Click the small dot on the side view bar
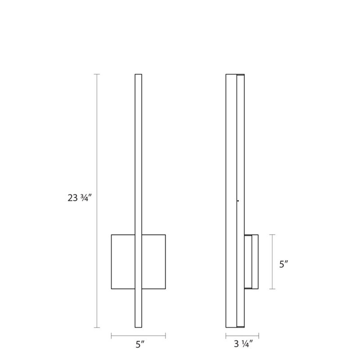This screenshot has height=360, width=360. (238, 201)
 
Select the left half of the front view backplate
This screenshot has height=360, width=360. (123, 261)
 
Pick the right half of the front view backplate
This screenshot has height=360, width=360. (153, 261)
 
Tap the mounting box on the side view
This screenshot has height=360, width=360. (251, 261)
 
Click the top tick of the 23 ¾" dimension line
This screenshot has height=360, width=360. (97, 74)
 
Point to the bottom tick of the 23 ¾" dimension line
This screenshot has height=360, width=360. (97, 328)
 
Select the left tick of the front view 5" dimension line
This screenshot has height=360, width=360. (112, 335)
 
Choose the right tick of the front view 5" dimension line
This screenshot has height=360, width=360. (165, 335)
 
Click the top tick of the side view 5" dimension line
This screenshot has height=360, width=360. (272, 234)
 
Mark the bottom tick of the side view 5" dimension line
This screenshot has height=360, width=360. (272, 289)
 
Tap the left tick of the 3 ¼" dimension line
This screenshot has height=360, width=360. (226, 335)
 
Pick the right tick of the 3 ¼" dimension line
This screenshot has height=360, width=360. (258, 335)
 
